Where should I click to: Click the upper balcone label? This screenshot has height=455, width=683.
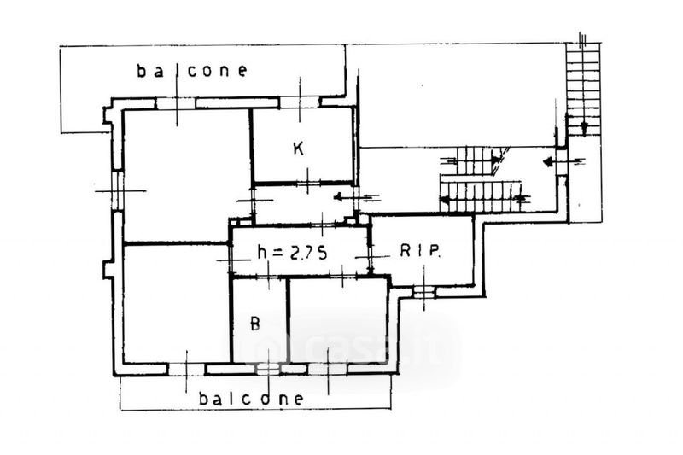[x=192, y=71]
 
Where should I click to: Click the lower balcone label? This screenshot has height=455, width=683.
[x=250, y=399]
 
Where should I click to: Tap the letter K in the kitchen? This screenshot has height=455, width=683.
[x=298, y=149]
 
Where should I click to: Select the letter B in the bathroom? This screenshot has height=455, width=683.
[x=255, y=323]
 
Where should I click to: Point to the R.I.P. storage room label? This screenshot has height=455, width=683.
[x=420, y=251]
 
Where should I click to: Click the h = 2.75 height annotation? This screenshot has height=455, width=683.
[x=292, y=252]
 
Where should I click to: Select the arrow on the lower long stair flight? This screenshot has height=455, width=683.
[x=483, y=200]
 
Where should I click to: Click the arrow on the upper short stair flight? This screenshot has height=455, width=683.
[x=474, y=160]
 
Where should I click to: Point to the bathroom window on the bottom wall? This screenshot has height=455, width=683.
[x=267, y=370]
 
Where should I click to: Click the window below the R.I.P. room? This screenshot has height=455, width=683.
[x=423, y=292]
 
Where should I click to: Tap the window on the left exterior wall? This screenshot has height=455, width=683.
[x=118, y=190]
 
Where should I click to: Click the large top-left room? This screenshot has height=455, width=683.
[x=187, y=175]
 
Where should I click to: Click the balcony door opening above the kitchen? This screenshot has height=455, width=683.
[x=300, y=102]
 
